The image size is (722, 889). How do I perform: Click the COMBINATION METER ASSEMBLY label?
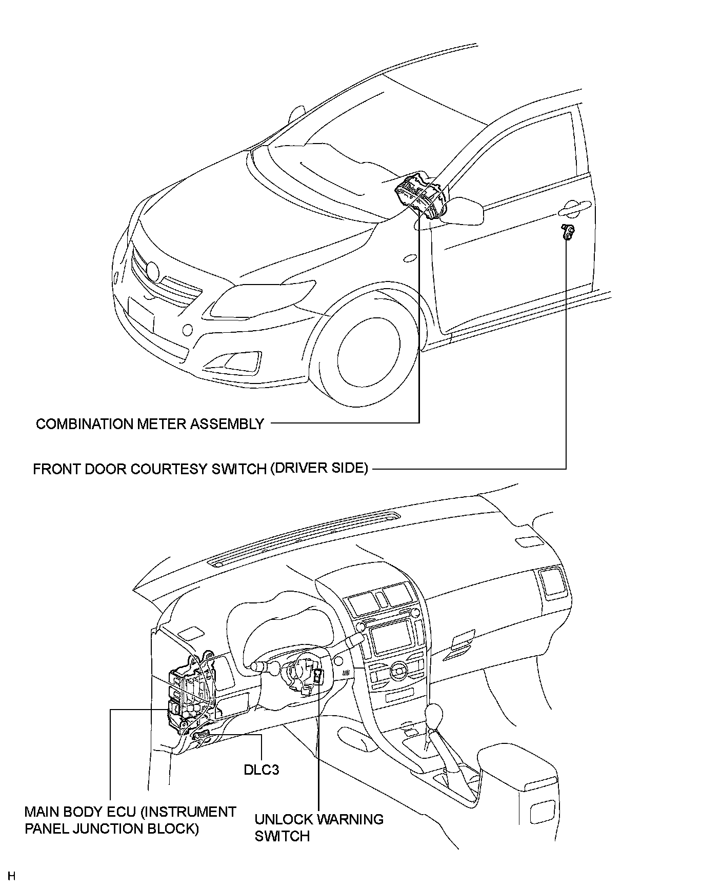click(x=150, y=424)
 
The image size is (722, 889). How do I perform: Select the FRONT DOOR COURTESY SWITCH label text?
click(x=200, y=469)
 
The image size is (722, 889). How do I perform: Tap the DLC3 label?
click(x=262, y=770)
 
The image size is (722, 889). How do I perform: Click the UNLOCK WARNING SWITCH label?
click(x=318, y=827)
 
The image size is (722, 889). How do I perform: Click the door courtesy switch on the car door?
click(x=567, y=232)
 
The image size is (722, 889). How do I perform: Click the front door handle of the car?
click(x=574, y=208)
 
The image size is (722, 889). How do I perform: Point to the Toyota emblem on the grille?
click(x=153, y=270)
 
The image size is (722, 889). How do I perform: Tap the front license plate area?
click(x=141, y=314)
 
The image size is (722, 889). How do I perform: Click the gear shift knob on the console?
click(x=435, y=714)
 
